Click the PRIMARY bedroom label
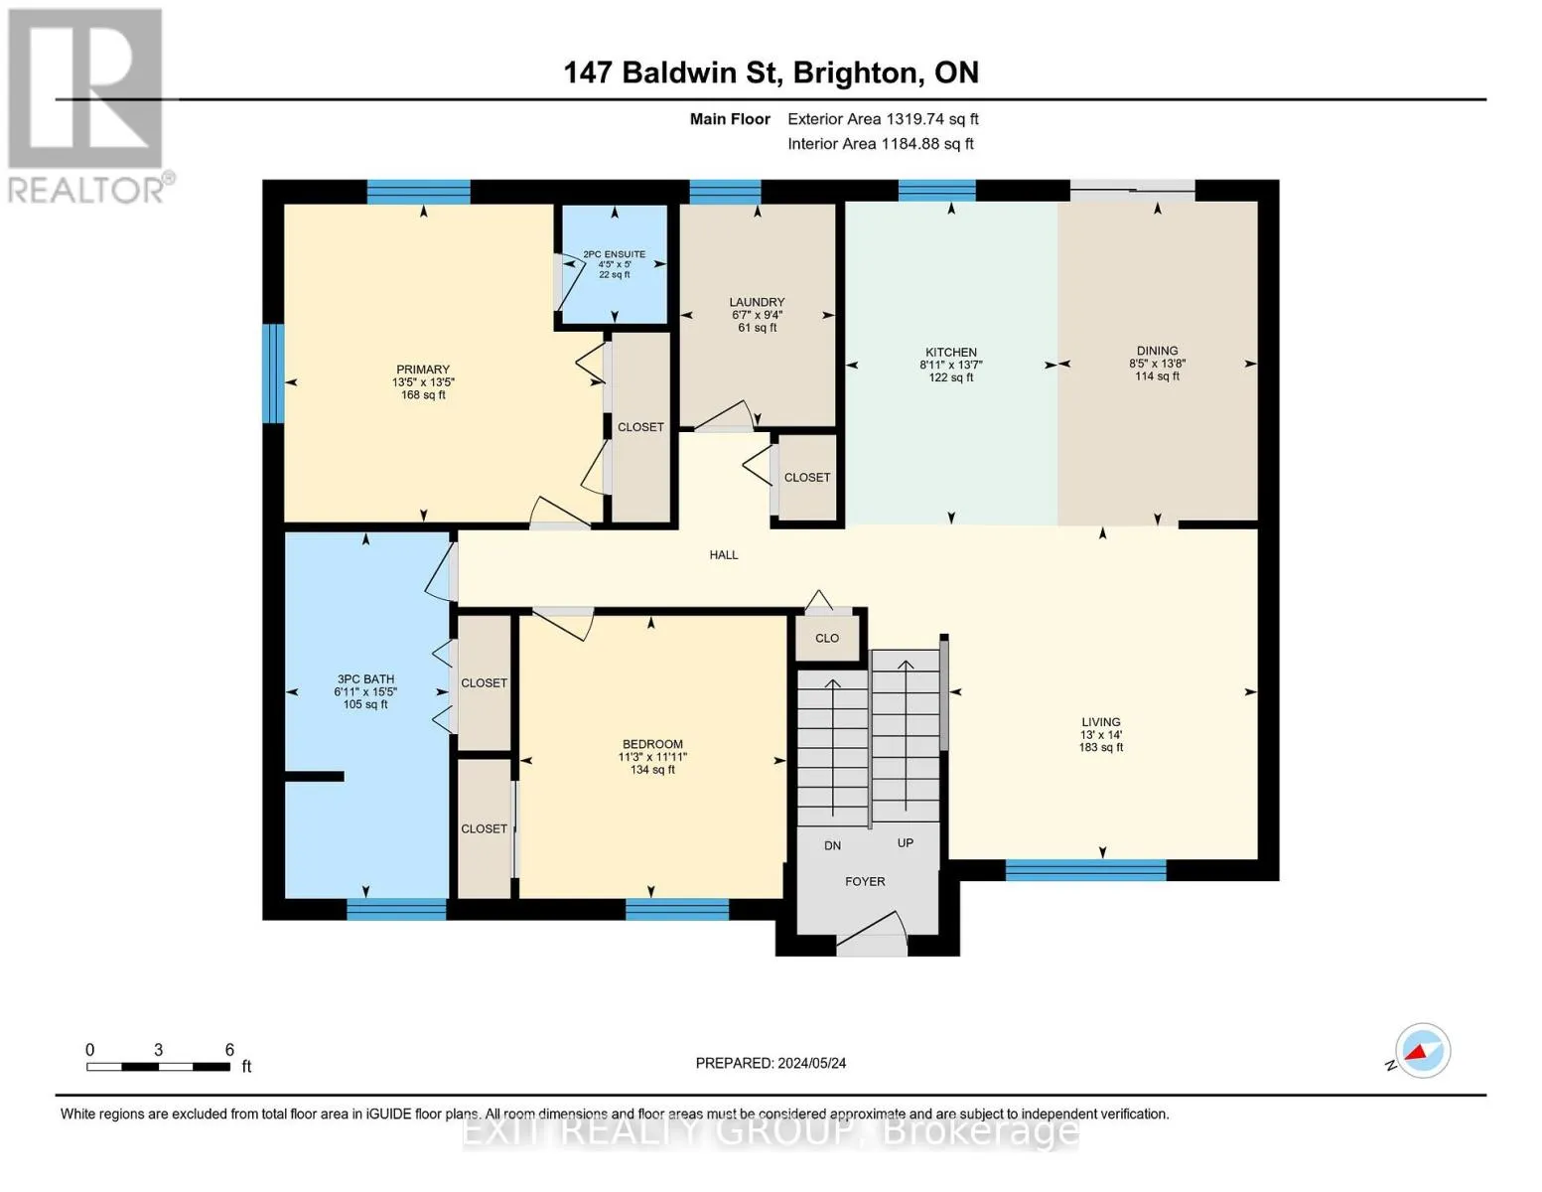pos(423,370)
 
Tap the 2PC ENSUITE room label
pos(614,254)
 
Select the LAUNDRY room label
pos(757,302)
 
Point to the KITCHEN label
pos(951,352)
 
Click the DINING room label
pos(1157,351)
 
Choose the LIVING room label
pos(1100,722)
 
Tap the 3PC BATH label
pos(365,679)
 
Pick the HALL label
pos(724,555)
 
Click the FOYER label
pos(865,882)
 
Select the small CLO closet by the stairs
pos(827,639)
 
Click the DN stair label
pos(832,845)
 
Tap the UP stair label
pos(905,842)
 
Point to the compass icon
pos(1423,1051)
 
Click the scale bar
pos(158,1067)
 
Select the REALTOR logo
pos(88,106)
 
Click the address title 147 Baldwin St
pos(670,73)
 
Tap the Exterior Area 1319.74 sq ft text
pos(883,119)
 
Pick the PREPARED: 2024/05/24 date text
pos(771,1063)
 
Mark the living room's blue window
pos(1085,870)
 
